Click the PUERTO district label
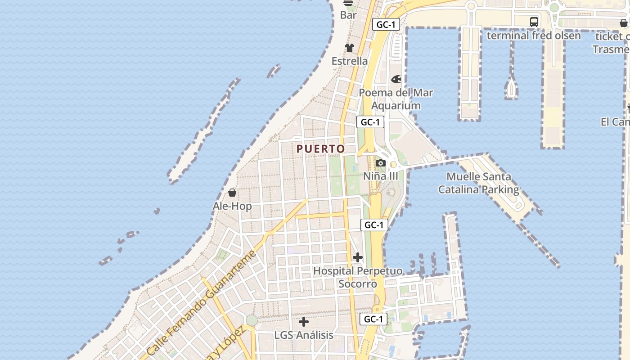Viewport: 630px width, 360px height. pyautogui.click(x=321, y=148)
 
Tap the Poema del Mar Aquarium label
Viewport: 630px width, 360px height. pyautogui.click(x=396, y=99)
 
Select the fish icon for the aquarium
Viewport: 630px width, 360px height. pyautogui.click(x=396, y=79)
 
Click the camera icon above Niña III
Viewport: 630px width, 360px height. pyautogui.click(x=381, y=163)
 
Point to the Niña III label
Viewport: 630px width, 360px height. pyautogui.click(x=381, y=176)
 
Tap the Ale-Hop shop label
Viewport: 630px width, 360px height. pyautogui.click(x=232, y=206)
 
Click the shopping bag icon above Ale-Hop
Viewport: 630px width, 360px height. pyautogui.click(x=232, y=193)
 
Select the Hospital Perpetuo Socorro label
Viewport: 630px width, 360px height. pyautogui.click(x=358, y=277)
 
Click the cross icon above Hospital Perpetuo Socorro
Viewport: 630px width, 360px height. pyautogui.click(x=358, y=257)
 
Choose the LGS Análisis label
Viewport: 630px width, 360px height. pyautogui.click(x=304, y=335)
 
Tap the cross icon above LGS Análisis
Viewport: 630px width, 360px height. pyautogui.click(x=304, y=322)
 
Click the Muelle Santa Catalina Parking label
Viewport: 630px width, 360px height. pyautogui.click(x=479, y=183)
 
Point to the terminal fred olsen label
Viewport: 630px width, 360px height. pyautogui.click(x=534, y=36)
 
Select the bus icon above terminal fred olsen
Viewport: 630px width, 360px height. pyautogui.click(x=534, y=22)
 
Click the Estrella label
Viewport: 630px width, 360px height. pyautogui.click(x=350, y=61)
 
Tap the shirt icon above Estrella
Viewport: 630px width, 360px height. pyautogui.click(x=350, y=47)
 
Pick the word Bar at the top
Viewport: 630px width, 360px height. pyautogui.click(x=348, y=15)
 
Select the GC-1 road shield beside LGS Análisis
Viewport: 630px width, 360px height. pyautogui.click(x=373, y=319)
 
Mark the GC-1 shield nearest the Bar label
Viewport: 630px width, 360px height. pyautogui.click(x=386, y=24)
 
